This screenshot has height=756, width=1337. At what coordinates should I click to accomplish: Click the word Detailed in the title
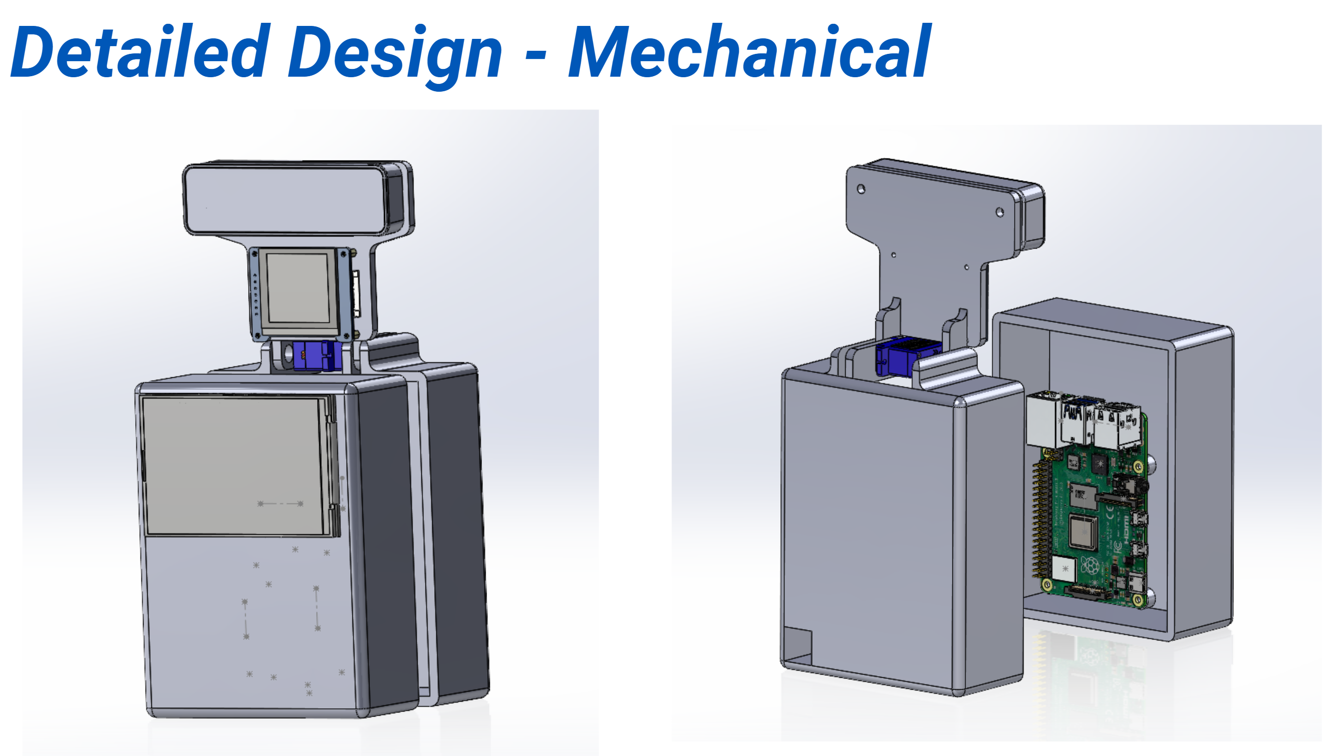coord(140,52)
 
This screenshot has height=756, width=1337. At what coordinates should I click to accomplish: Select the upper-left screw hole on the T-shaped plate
coord(861,189)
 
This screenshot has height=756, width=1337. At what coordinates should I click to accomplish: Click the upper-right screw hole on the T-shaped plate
coord(1000,212)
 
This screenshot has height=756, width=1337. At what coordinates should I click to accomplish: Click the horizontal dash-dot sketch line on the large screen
coord(280,503)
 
